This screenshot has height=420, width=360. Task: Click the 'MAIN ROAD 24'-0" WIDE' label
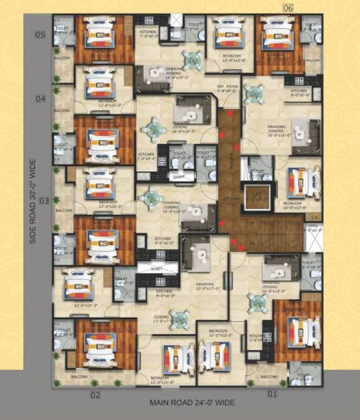191,404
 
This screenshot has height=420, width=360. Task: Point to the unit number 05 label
41,34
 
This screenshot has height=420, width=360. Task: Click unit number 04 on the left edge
41,99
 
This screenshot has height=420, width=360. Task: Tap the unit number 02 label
95,395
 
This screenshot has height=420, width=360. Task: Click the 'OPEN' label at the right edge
312,227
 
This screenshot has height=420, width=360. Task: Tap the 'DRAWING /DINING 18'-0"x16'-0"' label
278,132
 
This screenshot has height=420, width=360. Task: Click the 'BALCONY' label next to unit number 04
62,110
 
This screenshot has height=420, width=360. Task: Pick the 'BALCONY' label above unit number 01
269,376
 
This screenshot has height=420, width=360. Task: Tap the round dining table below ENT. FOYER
254,93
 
